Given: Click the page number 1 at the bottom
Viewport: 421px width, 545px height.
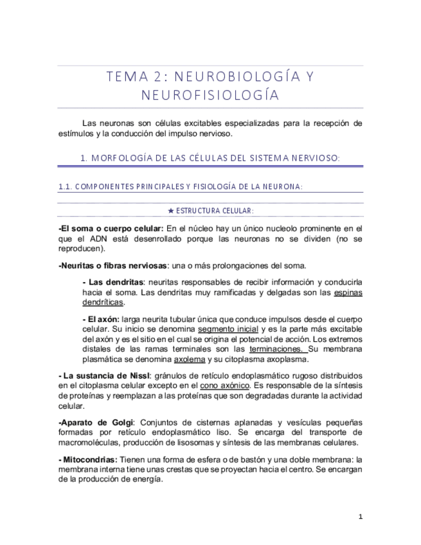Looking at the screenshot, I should (361, 516).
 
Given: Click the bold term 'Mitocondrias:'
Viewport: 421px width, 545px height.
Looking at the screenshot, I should (88, 460).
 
